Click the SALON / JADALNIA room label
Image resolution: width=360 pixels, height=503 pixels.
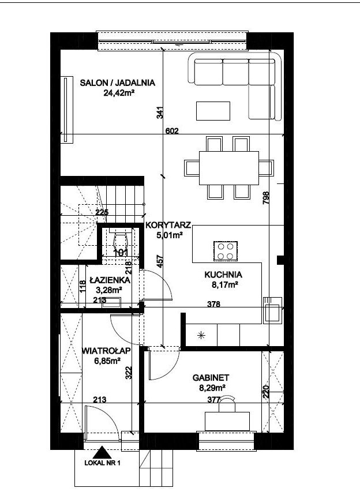(118, 82)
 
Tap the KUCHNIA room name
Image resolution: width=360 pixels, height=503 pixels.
(223, 275)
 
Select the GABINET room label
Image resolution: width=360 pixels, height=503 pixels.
(211, 378)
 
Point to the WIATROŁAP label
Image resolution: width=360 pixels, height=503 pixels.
(106, 351)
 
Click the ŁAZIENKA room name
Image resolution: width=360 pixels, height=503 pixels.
(110, 280)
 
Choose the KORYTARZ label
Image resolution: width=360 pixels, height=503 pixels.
(168, 225)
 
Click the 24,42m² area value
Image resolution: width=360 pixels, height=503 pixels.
(118, 93)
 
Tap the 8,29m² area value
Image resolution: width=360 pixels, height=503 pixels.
(212, 388)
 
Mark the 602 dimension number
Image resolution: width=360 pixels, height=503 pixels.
(172, 131)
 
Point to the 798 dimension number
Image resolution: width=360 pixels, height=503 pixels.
(266, 198)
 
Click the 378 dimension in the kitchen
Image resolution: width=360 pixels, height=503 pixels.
(213, 303)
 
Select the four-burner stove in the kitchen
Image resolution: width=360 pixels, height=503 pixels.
(226, 251)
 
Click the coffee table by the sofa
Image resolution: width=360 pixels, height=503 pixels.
(213, 111)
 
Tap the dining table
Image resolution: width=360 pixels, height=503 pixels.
(229, 168)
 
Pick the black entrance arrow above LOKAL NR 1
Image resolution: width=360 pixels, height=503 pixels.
(102, 452)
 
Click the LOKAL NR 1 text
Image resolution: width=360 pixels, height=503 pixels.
(102, 463)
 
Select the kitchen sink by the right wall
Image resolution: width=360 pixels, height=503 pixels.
(273, 310)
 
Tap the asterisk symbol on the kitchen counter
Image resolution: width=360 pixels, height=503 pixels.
(201, 336)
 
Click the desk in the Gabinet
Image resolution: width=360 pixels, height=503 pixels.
(227, 421)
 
